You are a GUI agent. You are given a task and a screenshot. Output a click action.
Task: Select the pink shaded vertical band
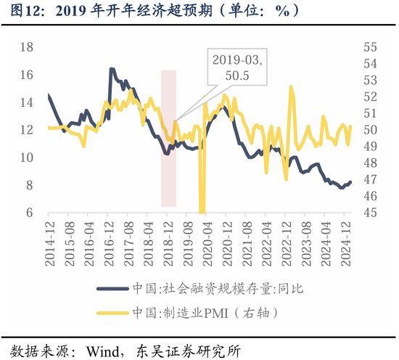tap(168, 138)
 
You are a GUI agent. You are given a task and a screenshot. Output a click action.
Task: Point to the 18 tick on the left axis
tap(26, 47)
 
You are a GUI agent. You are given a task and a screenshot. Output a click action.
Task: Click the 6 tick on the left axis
tap(29, 213)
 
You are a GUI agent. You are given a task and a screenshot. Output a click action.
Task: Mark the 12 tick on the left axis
tap(26, 130)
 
